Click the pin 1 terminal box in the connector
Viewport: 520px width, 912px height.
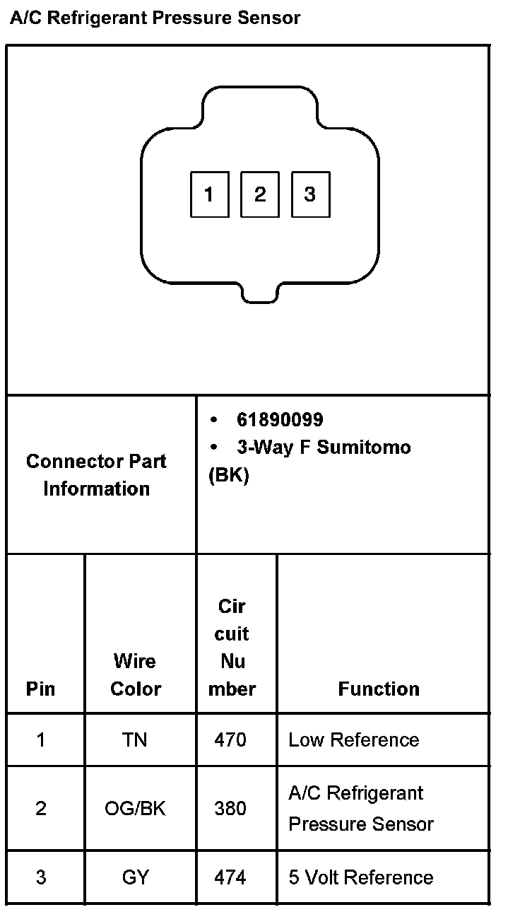pos(209,194)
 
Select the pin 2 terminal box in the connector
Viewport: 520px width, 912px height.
pos(260,194)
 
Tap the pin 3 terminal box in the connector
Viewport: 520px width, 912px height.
pos(310,194)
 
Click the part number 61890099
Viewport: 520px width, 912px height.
pos(280,420)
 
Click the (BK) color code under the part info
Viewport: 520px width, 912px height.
pos(229,476)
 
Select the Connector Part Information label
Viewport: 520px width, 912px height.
pos(97,474)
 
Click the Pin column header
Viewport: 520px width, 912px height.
pos(40,689)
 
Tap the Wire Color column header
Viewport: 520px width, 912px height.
pos(136,674)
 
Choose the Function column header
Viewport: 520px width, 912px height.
pos(379,689)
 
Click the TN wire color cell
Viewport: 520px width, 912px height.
pos(135,739)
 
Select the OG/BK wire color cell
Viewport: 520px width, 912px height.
pos(135,808)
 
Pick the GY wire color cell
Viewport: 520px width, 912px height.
pos(135,877)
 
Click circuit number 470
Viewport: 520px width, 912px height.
pos(230,739)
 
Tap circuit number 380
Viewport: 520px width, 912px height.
pos(230,808)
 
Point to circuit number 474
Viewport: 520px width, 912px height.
pos(230,877)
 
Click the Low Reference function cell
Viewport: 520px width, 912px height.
pos(354,739)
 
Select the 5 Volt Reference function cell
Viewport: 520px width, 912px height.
pos(361,877)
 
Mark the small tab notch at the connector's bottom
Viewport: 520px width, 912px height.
pos(259,296)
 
